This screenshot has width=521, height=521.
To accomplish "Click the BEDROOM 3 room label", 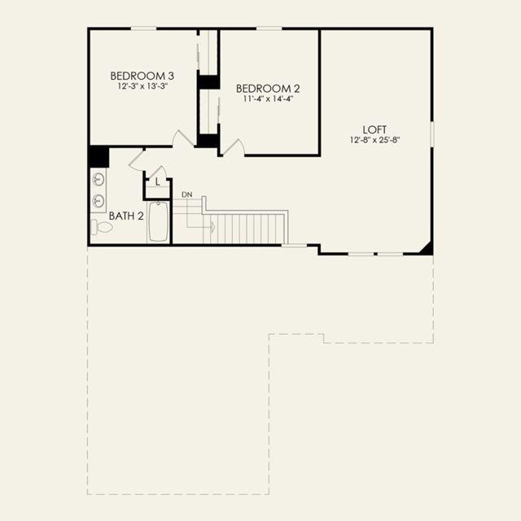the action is point(142,76).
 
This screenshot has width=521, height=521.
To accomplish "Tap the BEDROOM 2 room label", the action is point(268,89).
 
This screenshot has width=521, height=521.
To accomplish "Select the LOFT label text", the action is point(374,129).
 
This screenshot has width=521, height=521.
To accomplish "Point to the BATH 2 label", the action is point(126,216).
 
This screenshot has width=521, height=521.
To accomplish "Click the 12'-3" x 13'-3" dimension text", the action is point(142,86).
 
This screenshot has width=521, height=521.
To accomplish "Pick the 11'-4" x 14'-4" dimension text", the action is point(268,99).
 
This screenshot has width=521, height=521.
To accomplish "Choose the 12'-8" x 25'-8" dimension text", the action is point(374,140).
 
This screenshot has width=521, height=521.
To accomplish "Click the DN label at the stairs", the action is point(187,195).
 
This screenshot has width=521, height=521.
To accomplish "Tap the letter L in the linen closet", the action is point(158,182).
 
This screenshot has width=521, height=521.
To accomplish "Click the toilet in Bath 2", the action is point(102,227).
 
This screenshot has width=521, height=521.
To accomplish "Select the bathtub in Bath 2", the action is point(159,221).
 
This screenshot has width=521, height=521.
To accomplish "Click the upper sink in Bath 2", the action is point(99,180).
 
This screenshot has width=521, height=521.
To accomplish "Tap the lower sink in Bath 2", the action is point(99,201).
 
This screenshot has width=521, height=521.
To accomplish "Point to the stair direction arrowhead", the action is point(213,227).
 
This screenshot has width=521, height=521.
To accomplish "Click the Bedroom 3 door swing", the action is point(183,137).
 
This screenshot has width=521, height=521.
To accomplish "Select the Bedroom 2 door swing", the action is point(234,147).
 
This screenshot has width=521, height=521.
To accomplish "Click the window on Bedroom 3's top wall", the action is point(143,29).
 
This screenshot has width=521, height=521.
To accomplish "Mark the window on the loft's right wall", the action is point(432,134).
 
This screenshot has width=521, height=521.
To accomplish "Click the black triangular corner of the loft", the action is point(428,250).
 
